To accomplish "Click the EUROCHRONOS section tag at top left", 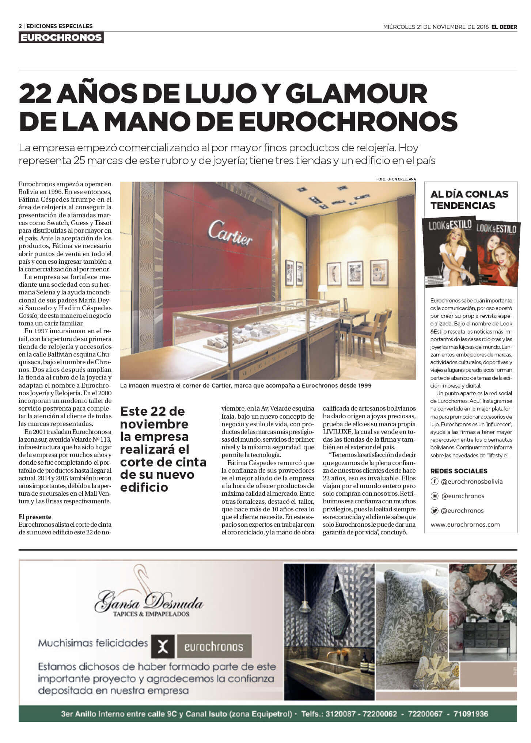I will [61, 38].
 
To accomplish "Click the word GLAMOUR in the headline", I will [356, 94].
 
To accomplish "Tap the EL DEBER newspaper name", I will [504, 27].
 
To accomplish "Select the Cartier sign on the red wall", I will [230, 232].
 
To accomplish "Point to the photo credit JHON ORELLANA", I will [396, 179].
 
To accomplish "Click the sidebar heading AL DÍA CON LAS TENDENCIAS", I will [469, 199].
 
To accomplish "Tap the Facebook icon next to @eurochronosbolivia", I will [435, 481].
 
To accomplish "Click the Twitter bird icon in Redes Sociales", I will [435, 511].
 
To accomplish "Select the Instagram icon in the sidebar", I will [435, 496].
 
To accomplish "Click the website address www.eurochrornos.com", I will [465, 524].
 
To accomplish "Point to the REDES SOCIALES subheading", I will [459, 471].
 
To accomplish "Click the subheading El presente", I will [35, 517].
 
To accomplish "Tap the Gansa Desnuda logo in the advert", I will [149, 603].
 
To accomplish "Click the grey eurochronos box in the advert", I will [214, 647].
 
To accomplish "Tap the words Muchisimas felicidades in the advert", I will [93, 643].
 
